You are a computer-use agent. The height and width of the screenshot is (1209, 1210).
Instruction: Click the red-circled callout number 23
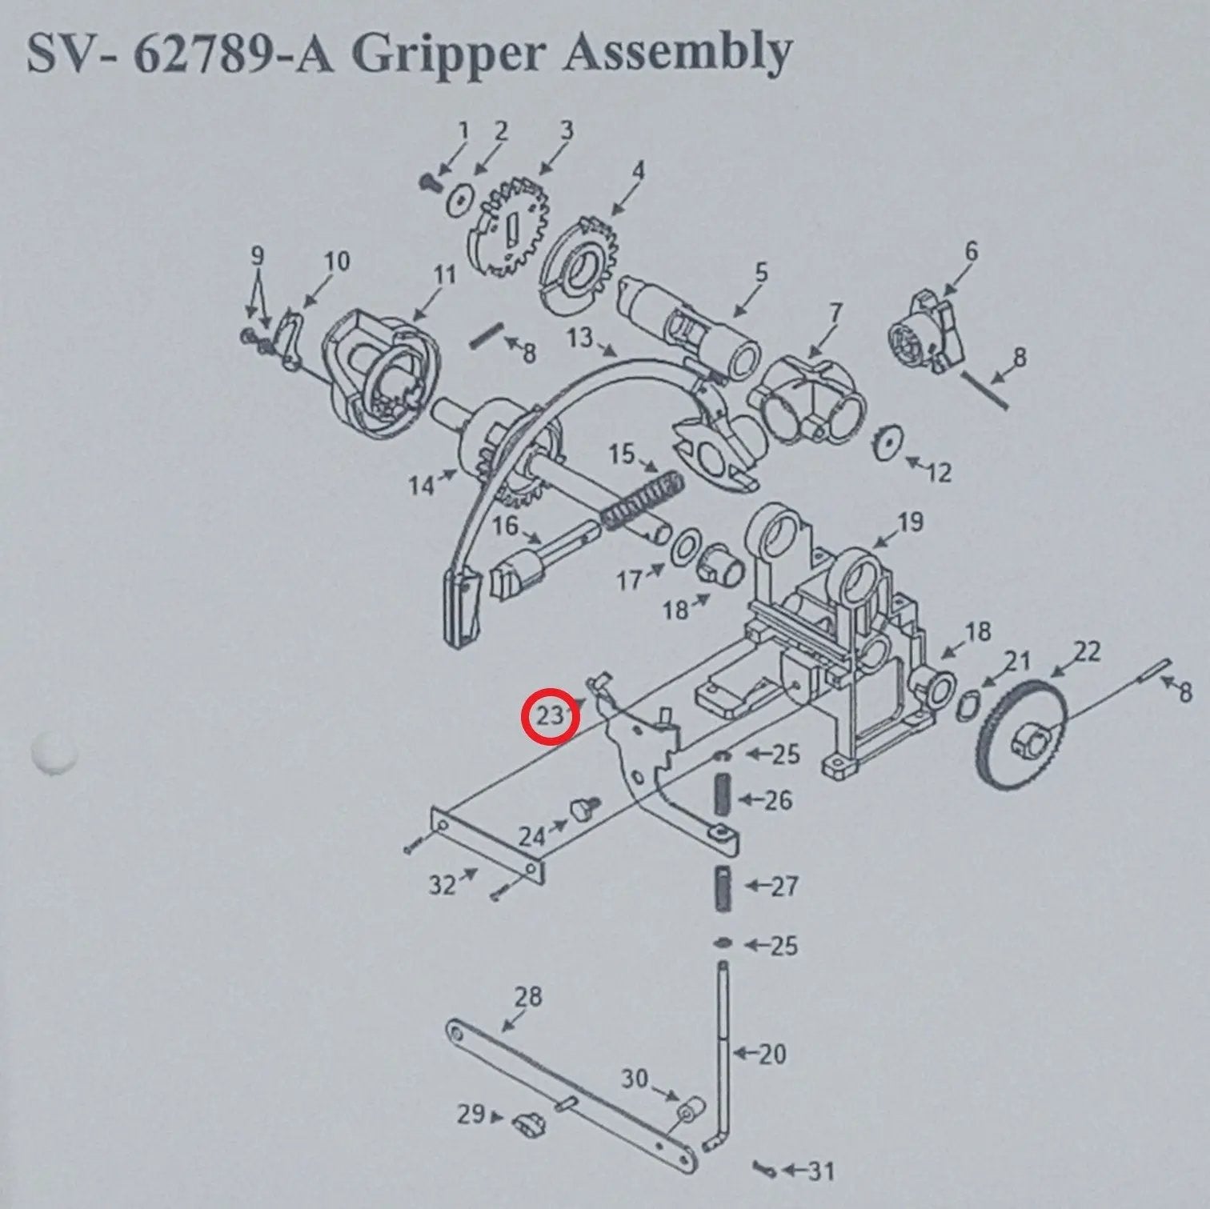point(550,715)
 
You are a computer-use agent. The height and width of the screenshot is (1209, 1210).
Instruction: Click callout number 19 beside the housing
point(909,522)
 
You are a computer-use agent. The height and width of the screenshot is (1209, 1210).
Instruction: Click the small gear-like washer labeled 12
point(888,442)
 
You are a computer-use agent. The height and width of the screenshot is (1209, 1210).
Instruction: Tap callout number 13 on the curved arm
point(581,338)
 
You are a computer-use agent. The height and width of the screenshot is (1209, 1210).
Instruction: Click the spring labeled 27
point(723,887)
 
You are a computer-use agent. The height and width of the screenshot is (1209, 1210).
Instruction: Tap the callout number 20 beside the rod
point(771,1054)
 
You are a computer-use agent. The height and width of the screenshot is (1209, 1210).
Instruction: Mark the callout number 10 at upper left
point(337,261)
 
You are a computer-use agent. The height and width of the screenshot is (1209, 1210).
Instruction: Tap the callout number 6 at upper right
point(970,251)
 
